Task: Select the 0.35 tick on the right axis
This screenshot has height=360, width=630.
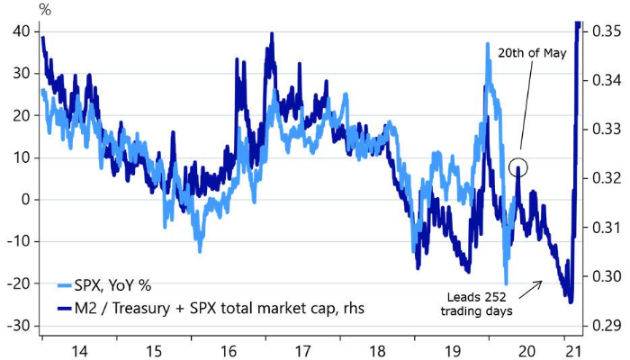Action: click(x=605, y=31)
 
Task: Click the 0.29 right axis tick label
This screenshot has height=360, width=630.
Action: click(x=605, y=326)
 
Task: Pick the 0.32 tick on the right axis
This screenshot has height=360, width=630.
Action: click(x=605, y=178)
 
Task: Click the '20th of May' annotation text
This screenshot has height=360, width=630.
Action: click(x=531, y=52)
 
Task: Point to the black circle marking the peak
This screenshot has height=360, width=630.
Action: click(x=517, y=166)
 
